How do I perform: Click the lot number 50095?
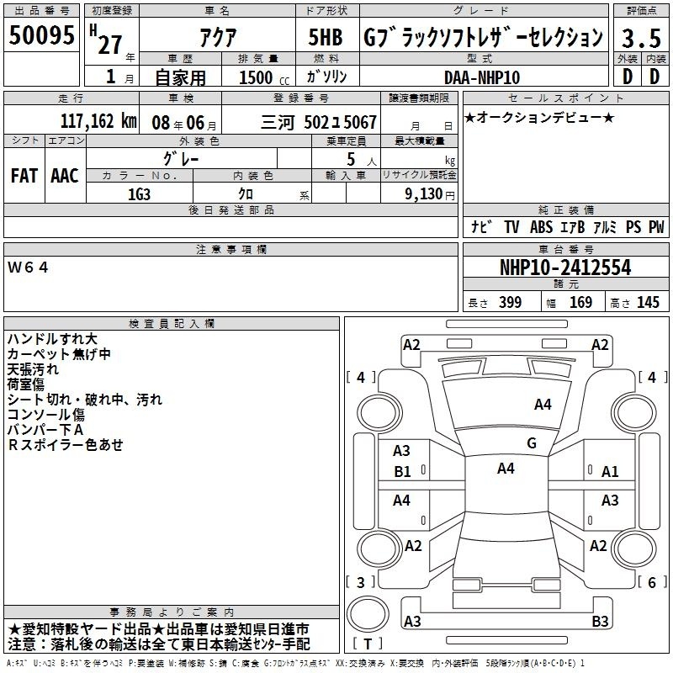(41, 34)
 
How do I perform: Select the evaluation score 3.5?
(641, 38)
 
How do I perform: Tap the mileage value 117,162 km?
(98, 120)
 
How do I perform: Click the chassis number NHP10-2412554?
(565, 268)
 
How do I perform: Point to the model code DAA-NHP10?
(482, 77)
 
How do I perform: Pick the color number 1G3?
(139, 194)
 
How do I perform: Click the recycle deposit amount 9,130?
(423, 194)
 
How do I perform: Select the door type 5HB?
(326, 37)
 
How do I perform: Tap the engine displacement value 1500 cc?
(264, 77)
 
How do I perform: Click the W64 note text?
(28, 268)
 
